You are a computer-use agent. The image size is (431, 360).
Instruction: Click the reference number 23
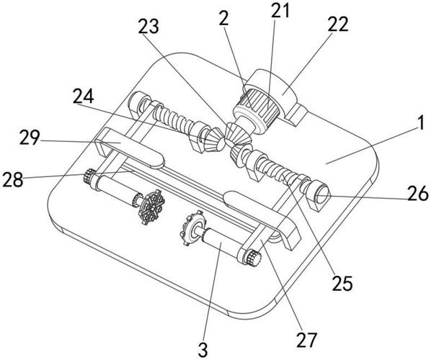tap(148, 27)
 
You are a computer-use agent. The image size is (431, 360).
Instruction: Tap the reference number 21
tap(280, 10)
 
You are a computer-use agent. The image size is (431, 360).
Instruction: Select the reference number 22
tap(338, 24)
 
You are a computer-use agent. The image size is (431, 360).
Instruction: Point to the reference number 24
tap(84, 96)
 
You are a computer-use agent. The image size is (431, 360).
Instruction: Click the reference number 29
tap(30, 138)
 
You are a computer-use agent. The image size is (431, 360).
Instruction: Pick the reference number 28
tap(13, 179)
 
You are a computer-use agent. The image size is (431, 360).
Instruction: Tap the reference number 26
tap(418, 193)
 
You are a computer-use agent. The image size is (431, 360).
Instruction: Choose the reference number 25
tap(342, 283)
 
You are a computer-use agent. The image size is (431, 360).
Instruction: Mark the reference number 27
tap(306, 339)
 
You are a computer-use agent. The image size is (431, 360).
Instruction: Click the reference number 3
tap(203, 350)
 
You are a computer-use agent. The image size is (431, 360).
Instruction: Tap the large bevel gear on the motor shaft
tap(236, 134)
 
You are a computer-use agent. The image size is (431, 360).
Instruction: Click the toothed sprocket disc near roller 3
tap(192, 228)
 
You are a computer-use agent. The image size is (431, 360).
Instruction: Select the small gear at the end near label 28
tap(89, 176)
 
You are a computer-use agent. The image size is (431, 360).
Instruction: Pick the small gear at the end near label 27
tap(254, 258)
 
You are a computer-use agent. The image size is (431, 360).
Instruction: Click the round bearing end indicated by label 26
tap(321, 193)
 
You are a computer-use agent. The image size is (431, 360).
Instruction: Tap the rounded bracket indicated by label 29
tap(129, 149)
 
